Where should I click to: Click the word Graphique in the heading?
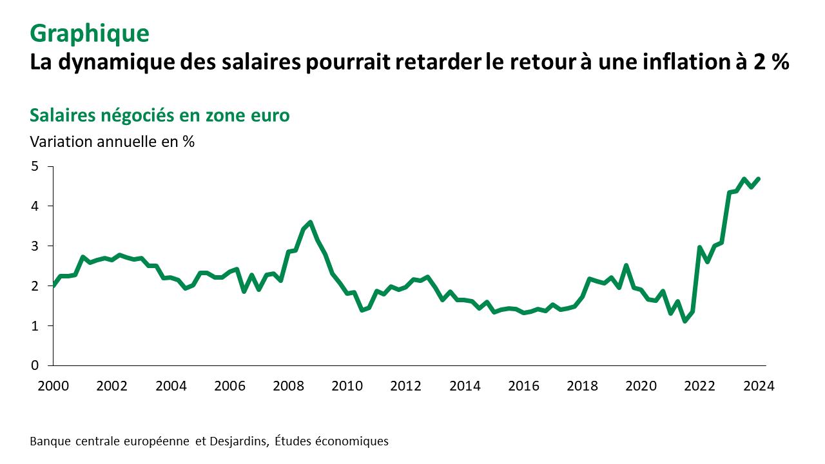(90, 33)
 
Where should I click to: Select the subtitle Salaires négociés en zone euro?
(160, 115)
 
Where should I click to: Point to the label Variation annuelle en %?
(112, 141)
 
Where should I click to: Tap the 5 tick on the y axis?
(35, 166)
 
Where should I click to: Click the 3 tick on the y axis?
(35, 246)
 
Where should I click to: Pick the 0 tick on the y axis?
(35, 365)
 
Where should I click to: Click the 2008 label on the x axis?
(288, 386)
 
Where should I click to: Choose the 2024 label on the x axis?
(759, 386)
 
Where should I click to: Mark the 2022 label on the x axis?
(699, 386)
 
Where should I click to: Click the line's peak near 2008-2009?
(311, 222)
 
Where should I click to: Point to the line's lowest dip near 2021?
(685, 321)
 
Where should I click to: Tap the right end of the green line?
(759, 179)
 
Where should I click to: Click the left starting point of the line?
(53, 285)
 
